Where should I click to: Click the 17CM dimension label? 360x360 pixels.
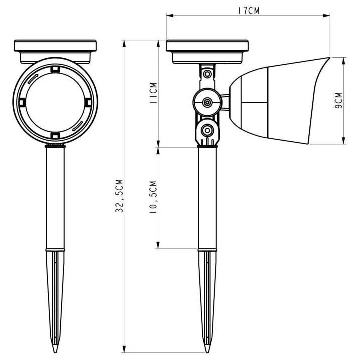click(248, 10)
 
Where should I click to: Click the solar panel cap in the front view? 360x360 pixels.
click(55, 50)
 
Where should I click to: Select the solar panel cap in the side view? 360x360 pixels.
click(207, 50)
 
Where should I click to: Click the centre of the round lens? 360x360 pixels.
click(55, 102)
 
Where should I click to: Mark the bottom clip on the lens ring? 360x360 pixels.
click(55, 136)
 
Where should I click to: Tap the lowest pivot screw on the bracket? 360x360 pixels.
click(206, 131)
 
